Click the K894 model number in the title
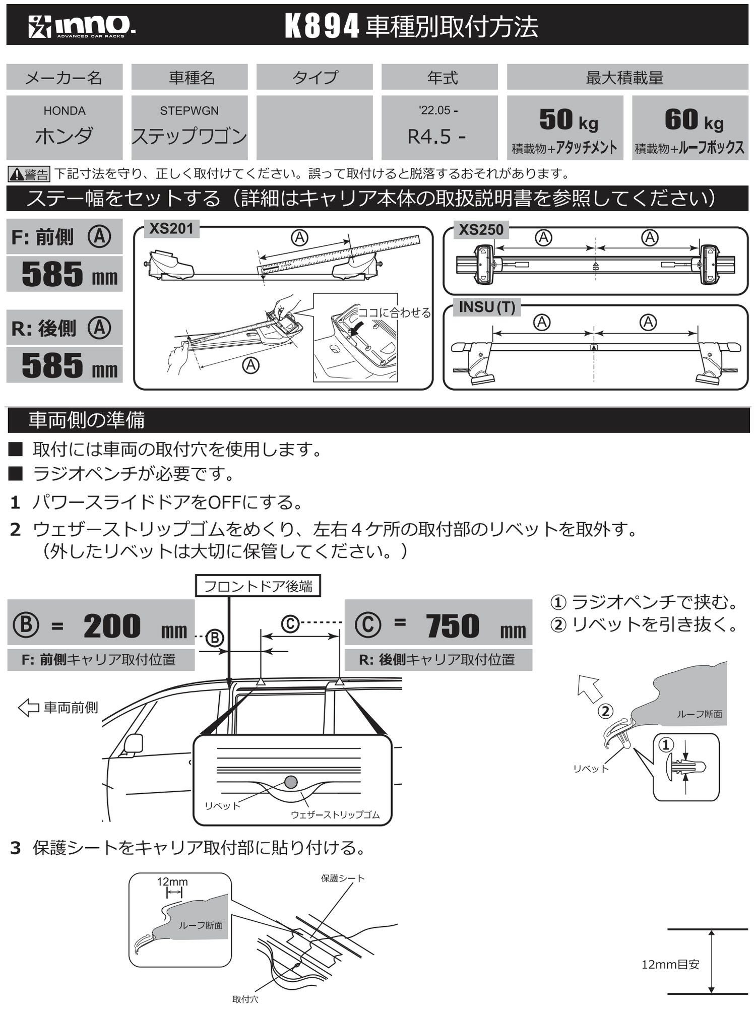coord(322,26)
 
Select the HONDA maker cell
coord(65,127)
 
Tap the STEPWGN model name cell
coord(190,127)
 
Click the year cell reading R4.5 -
coord(436,136)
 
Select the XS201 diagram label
coord(171,229)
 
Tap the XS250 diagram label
coord(481,230)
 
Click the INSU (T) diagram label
coord(487,307)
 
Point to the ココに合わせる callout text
coord(394,313)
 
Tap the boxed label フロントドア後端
coord(258,587)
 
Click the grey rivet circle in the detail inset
coord(291,782)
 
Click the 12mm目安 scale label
coord(670,965)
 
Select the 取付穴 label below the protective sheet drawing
coord(245,999)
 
